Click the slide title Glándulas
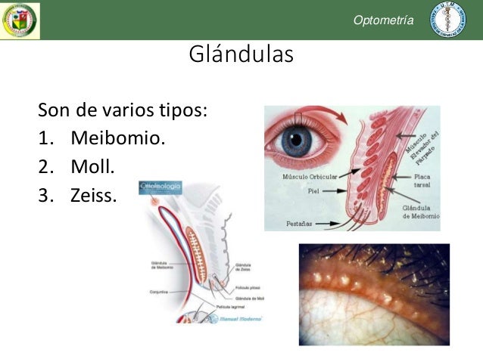pyautogui.click(x=241, y=56)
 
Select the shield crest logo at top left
pyautogui.click(x=20, y=20)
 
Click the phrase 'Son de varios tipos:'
pyautogui.click(x=123, y=111)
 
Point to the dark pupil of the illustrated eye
pyautogui.click(x=298, y=141)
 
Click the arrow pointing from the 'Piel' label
pyautogui.click(x=333, y=191)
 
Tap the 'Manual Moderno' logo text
pyautogui.click(x=240, y=318)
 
